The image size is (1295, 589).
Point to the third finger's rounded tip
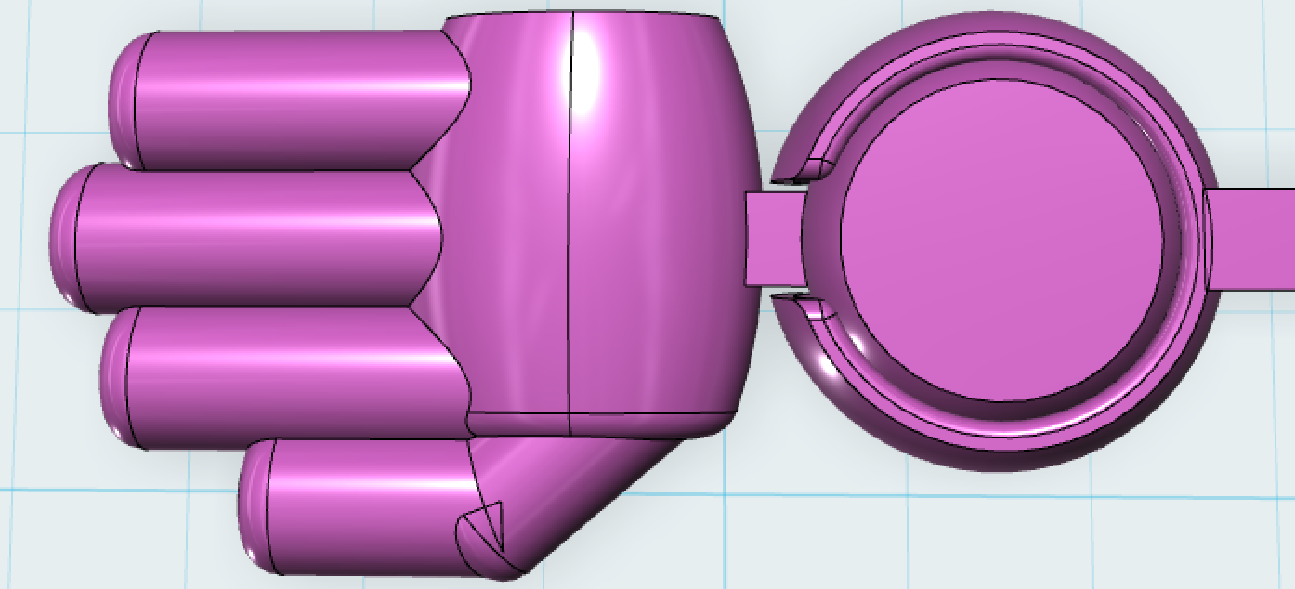(x=114, y=376)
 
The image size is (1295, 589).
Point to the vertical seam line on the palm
(x=569, y=223)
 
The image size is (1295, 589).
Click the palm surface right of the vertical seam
(x=660, y=223)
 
